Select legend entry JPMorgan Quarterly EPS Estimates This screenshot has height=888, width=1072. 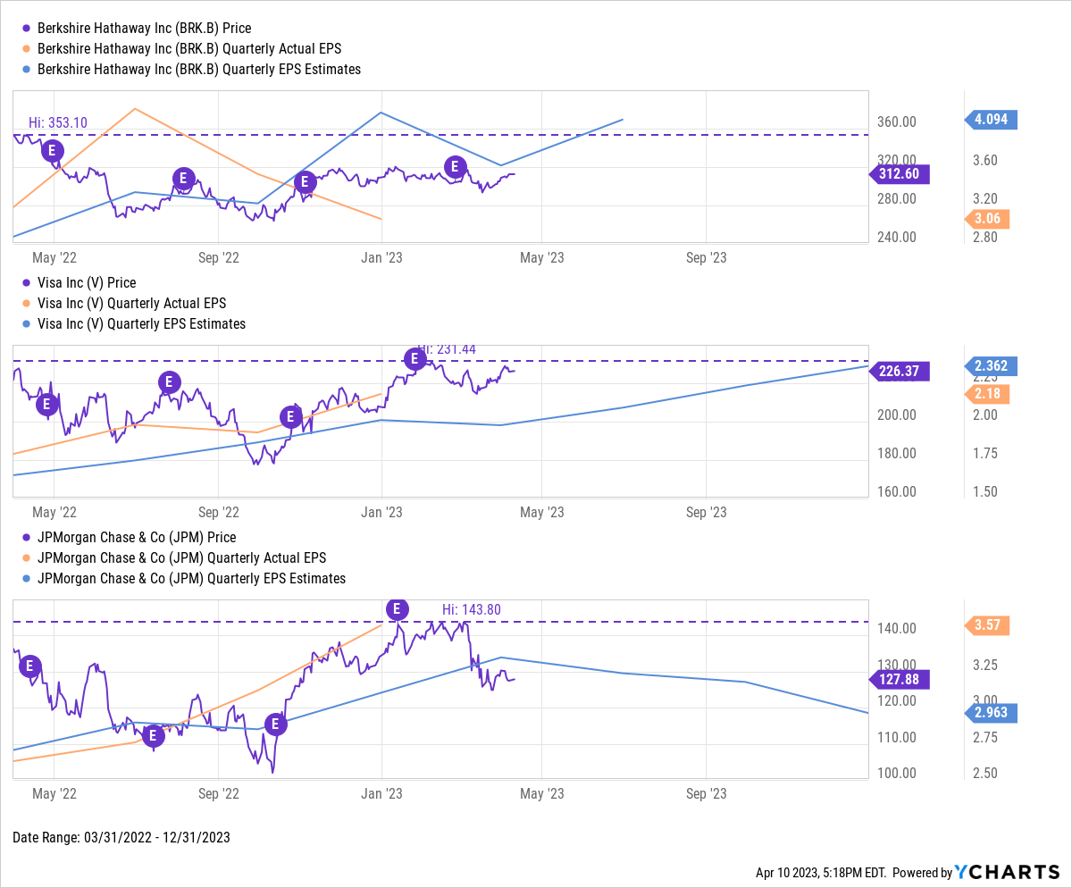point(188,578)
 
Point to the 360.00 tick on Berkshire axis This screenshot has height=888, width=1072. point(896,122)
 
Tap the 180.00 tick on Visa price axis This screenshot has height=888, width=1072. point(896,453)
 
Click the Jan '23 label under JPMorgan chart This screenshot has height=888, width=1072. point(383,792)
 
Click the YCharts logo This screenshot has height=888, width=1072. point(1009,872)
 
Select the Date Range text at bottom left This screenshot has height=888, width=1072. point(121,837)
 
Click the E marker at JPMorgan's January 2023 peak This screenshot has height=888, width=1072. point(397,609)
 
